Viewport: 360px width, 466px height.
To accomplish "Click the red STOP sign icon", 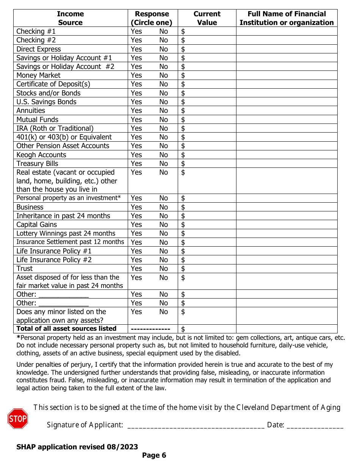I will (18, 419).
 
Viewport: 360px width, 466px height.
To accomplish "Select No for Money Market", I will (163, 75).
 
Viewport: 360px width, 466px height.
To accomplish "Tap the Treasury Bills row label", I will (37, 164).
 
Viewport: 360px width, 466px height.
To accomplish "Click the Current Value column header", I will (207, 18).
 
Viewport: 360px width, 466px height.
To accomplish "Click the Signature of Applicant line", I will (196, 425).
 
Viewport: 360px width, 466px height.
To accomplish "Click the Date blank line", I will (315, 425).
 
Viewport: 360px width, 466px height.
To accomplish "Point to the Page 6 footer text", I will (154, 455).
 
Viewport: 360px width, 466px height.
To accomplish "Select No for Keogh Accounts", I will (163, 155).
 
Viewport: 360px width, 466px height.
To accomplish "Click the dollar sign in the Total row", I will (183, 329).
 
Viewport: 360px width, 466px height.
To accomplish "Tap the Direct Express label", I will (38, 49).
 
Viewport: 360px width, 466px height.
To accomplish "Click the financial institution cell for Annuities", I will (286, 111).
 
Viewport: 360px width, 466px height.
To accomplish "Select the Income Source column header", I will (70, 18).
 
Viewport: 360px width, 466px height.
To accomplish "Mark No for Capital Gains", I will (163, 225).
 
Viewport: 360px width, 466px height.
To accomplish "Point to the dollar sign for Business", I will (183, 207).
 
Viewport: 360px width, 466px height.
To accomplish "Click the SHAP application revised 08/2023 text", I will (77, 447).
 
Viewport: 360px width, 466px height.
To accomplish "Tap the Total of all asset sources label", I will (66, 328).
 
